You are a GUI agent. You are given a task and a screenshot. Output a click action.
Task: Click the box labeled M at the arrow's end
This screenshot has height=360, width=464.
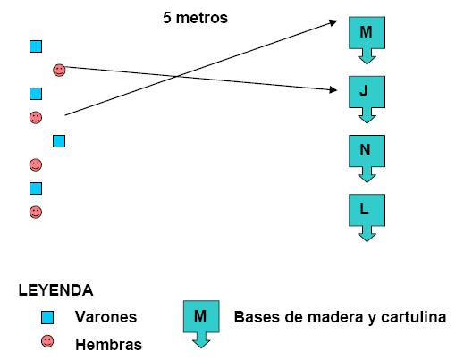coord(365,34)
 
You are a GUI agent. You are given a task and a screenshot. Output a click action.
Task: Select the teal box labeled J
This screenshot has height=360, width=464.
coord(365,91)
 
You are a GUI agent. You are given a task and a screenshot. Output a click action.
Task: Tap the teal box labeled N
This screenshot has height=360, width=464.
coord(365,150)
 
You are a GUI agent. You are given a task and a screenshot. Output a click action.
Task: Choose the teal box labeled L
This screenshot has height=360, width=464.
coord(365,209)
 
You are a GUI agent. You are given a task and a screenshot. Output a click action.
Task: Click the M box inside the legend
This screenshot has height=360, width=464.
coord(200,316)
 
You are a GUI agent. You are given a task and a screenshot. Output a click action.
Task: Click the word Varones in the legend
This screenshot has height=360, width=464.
coord(106,317)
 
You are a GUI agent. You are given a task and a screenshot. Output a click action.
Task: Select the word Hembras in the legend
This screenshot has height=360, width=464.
coord(109,343)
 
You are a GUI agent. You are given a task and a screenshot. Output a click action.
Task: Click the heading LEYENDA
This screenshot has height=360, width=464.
coord(55,290)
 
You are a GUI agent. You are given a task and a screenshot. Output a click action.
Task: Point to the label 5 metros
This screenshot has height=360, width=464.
coord(196,17)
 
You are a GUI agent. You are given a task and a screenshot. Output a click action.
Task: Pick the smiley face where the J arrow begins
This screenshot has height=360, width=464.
coord(59,69)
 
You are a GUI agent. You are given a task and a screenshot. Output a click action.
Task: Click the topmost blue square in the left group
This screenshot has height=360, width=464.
coord(36,46)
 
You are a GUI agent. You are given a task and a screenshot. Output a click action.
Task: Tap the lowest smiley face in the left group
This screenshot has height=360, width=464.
coord(36,212)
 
